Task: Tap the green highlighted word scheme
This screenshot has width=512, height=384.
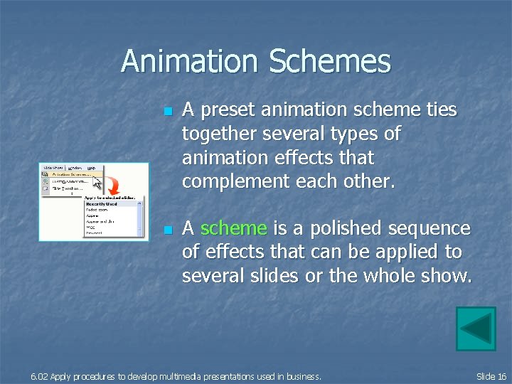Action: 234,228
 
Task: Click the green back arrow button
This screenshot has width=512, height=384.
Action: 475,329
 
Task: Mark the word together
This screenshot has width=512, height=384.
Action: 220,134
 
